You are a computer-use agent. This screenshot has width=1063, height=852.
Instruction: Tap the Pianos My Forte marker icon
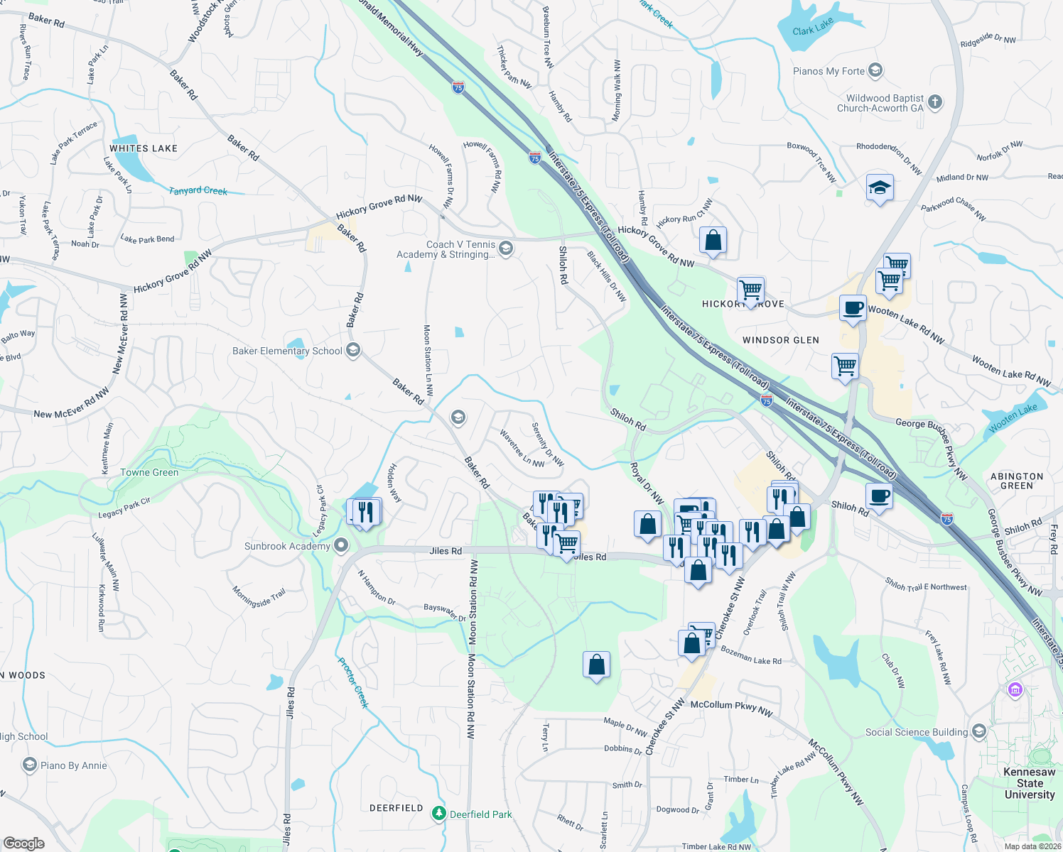pos(876,70)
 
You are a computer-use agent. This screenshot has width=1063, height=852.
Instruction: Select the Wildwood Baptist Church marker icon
pos(935,102)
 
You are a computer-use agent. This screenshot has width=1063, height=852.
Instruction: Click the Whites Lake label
pos(144,148)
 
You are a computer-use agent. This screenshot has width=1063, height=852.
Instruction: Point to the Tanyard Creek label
pos(198,190)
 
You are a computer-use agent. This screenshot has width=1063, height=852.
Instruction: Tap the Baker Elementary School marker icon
pos(353,350)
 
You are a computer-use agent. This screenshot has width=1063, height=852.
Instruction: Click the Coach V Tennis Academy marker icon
pos(506,248)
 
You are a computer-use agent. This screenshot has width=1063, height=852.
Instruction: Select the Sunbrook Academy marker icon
pos(341,546)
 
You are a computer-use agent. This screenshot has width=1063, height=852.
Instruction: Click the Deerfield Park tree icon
pos(439,814)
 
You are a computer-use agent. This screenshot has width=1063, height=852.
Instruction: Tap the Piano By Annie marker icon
pos(30,765)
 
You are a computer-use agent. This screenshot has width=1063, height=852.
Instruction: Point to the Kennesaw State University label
pos(1029,783)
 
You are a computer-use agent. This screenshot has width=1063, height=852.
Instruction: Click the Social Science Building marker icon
pos(979,731)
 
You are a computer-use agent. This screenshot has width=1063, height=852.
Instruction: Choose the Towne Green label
pos(149,472)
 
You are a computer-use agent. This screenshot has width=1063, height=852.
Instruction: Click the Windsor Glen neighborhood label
pos(781,340)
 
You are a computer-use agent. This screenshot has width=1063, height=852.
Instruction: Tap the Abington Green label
pos(1017,481)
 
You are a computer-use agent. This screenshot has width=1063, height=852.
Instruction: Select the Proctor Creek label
pos(352,682)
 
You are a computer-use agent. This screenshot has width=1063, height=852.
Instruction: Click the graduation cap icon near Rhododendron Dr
pos(880,188)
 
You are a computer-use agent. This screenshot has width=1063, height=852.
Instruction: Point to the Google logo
pos(24,843)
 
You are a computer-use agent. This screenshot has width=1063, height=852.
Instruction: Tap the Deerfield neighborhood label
pos(396,808)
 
